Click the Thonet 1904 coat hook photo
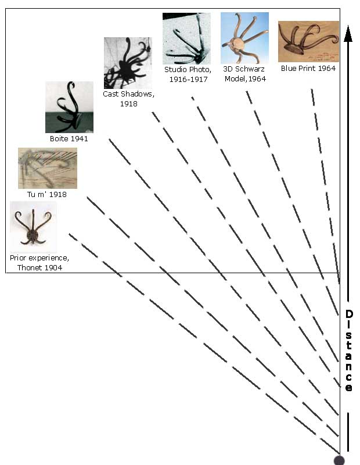pyautogui.click(x=33, y=227)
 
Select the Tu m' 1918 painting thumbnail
pyautogui.click(x=48, y=168)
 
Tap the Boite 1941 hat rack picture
pyautogui.click(x=69, y=107)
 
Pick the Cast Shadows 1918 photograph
pyautogui.click(x=128, y=63)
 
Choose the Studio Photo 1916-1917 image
pyautogui.click(x=186, y=38)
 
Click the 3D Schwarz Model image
pyautogui.click(x=244, y=38)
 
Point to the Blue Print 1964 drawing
pyautogui.click(x=308, y=41)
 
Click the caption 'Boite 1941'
pyautogui.click(x=69, y=138)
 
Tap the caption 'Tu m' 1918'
pyautogui.click(x=47, y=194)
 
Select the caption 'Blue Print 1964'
pyautogui.click(x=308, y=68)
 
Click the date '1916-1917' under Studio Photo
pyautogui.click(x=188, y=79)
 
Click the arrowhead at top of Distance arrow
pyautogui.click(x=348, y=34)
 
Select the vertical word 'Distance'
pyautogui.click(x=349, y=350)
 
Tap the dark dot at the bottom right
pyautogui.click(x=339, y=460)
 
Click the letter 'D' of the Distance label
pyautogui.click(x=349, y=314)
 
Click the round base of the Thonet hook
pyautogui.click(x=32, y=235)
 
